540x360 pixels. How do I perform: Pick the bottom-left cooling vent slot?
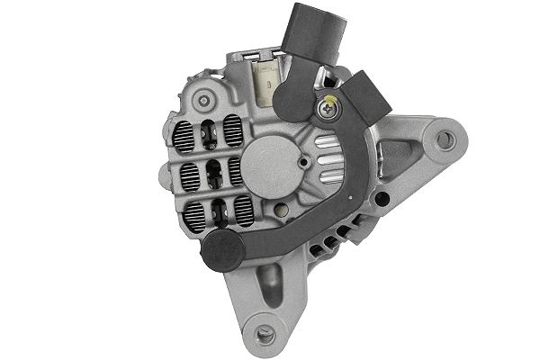click(x=195, y=212)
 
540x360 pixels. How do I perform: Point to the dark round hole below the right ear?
click(x=384, y=198)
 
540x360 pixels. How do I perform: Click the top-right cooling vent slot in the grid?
click(x=235, y=126)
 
